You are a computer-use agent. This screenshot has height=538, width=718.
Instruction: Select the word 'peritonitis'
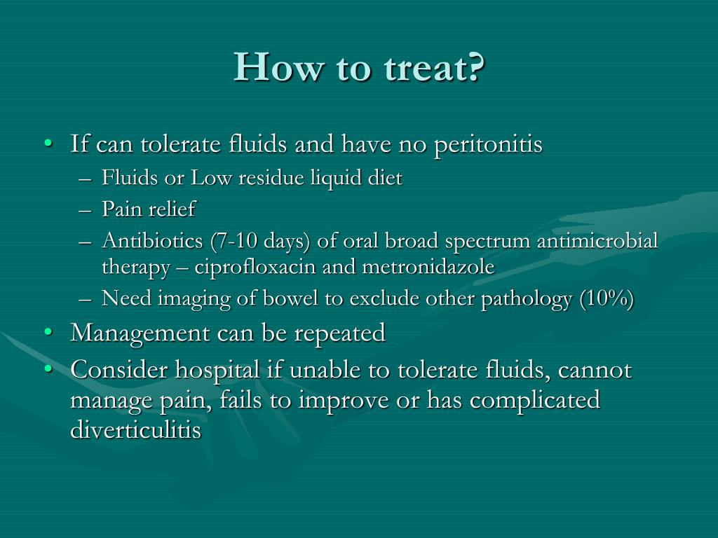488,144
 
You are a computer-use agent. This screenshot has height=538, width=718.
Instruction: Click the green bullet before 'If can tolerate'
48,144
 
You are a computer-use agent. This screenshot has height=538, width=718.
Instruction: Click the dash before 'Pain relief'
86,210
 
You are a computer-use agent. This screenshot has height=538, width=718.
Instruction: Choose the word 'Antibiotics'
152,240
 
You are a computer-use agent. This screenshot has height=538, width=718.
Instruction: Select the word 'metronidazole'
428,266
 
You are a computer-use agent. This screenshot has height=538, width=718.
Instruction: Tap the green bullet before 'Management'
48,333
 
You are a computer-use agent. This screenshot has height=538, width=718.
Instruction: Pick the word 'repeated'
339,333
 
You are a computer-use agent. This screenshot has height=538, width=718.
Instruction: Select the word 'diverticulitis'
136,429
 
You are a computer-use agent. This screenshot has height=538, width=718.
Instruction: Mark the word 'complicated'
535,401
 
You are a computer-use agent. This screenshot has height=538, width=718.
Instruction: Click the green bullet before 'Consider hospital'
48,369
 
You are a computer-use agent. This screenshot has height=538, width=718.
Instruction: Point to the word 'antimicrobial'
597,240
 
